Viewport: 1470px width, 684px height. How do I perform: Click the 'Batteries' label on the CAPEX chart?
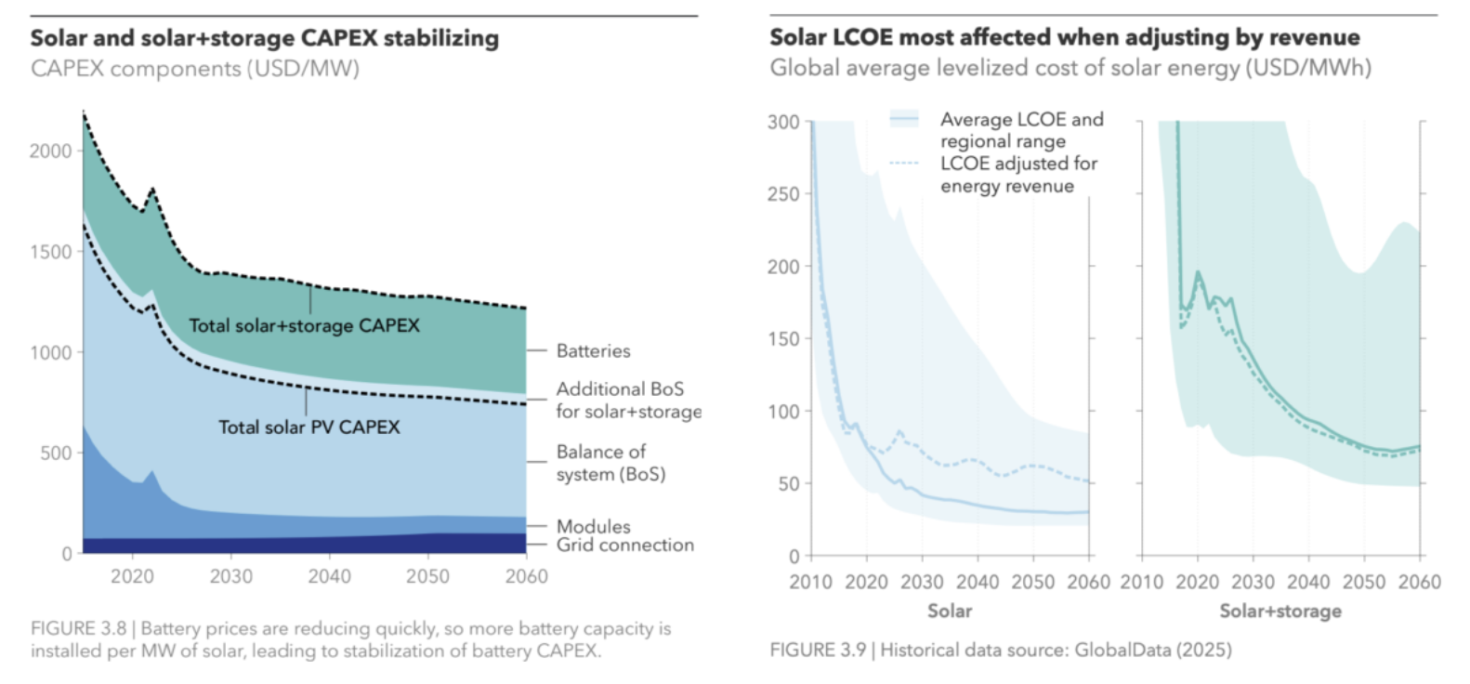[x=593, y=350]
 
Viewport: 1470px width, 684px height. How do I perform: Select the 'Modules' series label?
[x=593, y=526]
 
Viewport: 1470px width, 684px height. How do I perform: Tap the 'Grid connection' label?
[x=624, y=545]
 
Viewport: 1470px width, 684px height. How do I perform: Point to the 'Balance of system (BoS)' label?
[x=610, y=463]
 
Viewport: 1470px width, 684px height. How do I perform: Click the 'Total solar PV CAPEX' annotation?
[x=308, y=427]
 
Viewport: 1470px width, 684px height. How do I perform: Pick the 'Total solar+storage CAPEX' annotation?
[x=304, y=325]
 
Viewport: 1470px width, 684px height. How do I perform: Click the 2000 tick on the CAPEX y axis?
[x=50, y=151]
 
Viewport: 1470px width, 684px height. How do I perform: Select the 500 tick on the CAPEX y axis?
[x=56, y=453]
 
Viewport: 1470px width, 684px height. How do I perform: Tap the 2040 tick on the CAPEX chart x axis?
[x=329, y=576]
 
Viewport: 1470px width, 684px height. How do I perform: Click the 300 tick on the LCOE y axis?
[x=783, y=122]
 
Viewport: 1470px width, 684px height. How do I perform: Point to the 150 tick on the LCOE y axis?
[x=783, y=338]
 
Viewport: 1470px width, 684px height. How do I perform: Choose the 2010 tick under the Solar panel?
[x=811, y=582]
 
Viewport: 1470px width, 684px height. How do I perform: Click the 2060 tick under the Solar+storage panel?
[x=1419, y=582]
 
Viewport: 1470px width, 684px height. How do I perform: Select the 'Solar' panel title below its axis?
[x=949, y=611]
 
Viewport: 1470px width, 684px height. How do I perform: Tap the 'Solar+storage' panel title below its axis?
[x=1280, y=611]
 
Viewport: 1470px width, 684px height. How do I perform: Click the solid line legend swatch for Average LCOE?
[x=903, y=119]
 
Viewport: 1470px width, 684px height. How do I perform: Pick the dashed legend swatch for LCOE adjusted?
[x=903, y=164]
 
